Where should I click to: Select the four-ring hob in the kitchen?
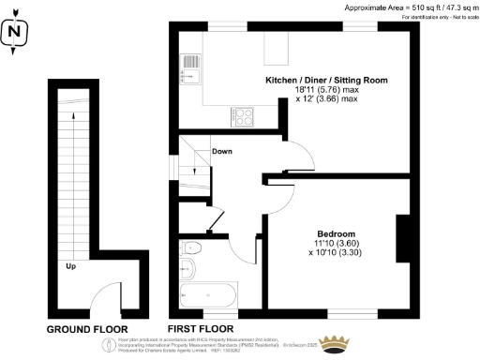pos(243,116)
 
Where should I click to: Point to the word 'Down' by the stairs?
pos(222,151)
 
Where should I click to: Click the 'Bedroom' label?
pos(336,233)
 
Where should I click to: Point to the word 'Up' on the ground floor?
pos(70,266)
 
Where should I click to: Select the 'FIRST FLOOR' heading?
pos(201,329)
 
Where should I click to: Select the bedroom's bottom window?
pos(352,310)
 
